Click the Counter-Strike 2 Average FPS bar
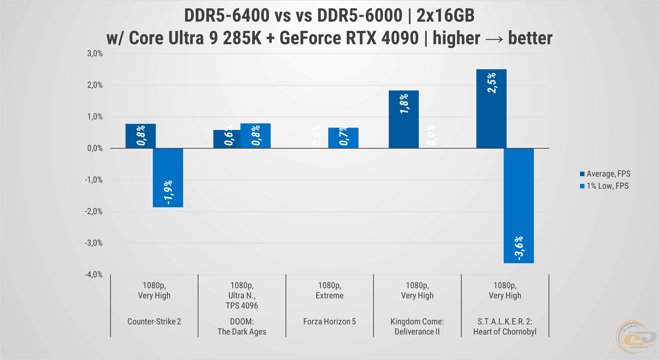140,136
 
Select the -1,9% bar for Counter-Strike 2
168,178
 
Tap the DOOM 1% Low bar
255,136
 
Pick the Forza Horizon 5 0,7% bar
343,138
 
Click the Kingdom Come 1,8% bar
404,119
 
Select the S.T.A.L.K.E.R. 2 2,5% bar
491,109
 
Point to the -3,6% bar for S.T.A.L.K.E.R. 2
519,206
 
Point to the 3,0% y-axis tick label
95,54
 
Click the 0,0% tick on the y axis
95,148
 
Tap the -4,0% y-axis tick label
94,275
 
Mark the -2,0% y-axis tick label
94,212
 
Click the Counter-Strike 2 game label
154,322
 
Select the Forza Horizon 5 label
329,322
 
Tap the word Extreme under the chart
329,295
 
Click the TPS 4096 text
242,306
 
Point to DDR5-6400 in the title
226,16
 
